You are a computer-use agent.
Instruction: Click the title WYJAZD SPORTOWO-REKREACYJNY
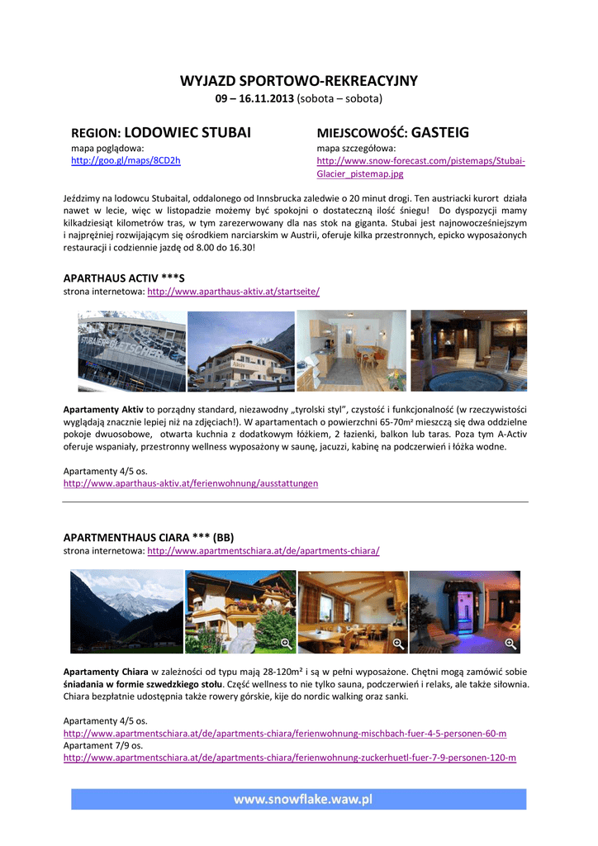coord(299,81)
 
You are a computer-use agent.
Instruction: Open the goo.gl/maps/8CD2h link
coord(126,160)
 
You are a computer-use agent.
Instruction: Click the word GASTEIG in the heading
coord(439,132)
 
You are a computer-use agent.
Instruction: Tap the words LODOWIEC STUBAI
coord(187,132)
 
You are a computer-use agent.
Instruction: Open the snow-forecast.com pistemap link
coord(421,160)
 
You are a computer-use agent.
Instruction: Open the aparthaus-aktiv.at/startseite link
coord(233,292)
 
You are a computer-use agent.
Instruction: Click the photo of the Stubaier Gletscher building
coord(131,350)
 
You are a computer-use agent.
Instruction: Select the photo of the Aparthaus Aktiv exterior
coord(240,350)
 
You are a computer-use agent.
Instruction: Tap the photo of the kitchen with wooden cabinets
coord(351,350)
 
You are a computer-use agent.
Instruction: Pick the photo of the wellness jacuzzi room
coord(468,350)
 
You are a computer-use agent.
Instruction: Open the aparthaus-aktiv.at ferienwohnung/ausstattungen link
coord(190,482)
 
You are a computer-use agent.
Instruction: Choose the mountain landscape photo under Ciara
coord(126,611)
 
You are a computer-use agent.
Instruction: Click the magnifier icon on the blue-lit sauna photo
coord(510,644)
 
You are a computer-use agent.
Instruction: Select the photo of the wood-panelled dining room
coord(352,611)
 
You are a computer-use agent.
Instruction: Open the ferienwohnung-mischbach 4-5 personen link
coord(285,733)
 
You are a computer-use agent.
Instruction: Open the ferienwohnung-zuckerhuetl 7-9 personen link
coord(289,757)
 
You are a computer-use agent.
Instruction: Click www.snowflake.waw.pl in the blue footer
coord(303,799)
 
